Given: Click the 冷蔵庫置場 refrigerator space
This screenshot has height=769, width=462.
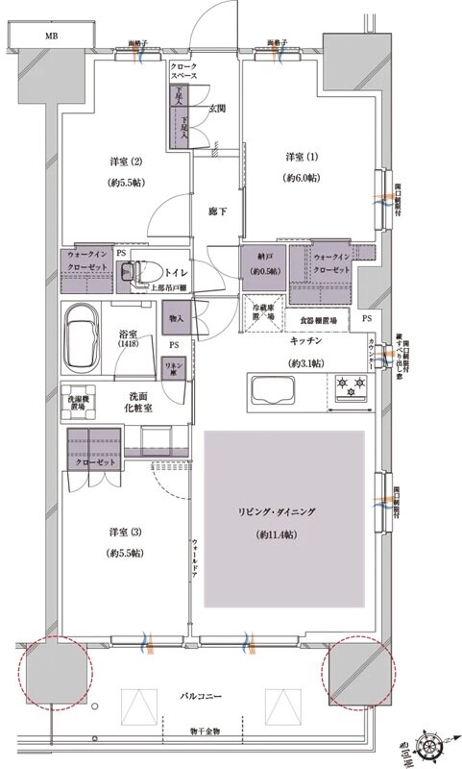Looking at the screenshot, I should point(264,312).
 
